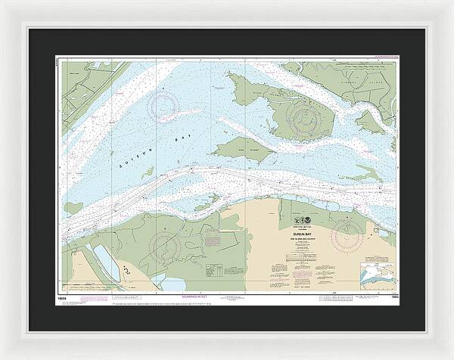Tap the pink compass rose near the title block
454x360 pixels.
point(347,230)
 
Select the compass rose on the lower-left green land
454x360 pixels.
point(167,245)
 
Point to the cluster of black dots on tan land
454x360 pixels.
point(126,274)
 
